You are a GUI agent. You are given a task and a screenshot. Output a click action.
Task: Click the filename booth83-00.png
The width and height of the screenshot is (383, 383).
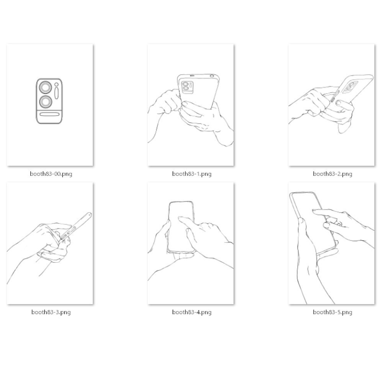[x=51, y=174]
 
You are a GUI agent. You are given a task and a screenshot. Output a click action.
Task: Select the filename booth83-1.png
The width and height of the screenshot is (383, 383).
[x=191, y=174]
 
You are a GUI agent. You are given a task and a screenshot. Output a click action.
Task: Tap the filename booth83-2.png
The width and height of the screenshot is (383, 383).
[x=332, y=174]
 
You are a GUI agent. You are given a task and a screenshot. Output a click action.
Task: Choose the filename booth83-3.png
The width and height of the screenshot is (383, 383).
[x=51, y=312]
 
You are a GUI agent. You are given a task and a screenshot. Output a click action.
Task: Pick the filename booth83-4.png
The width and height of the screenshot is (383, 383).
[x=191, y=312]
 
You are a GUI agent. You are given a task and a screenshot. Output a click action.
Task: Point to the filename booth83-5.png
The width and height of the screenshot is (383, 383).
[x=332, y=312]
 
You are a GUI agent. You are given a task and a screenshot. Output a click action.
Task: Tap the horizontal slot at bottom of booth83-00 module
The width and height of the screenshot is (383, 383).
[x=49, y=114]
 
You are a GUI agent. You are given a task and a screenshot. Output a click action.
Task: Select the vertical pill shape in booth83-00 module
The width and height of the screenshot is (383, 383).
[x=57, y=93]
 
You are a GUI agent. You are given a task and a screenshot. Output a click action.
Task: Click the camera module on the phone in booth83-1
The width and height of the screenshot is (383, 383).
[x=187, y=87]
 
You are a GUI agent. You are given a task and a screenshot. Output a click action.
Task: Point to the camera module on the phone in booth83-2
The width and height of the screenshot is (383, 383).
[x=350, y=87]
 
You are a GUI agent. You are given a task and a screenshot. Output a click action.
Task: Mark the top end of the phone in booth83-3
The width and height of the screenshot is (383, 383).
[x=89, y=215]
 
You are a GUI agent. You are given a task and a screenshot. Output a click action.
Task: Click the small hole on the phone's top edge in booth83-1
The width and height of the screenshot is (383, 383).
[x=211, y=76]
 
